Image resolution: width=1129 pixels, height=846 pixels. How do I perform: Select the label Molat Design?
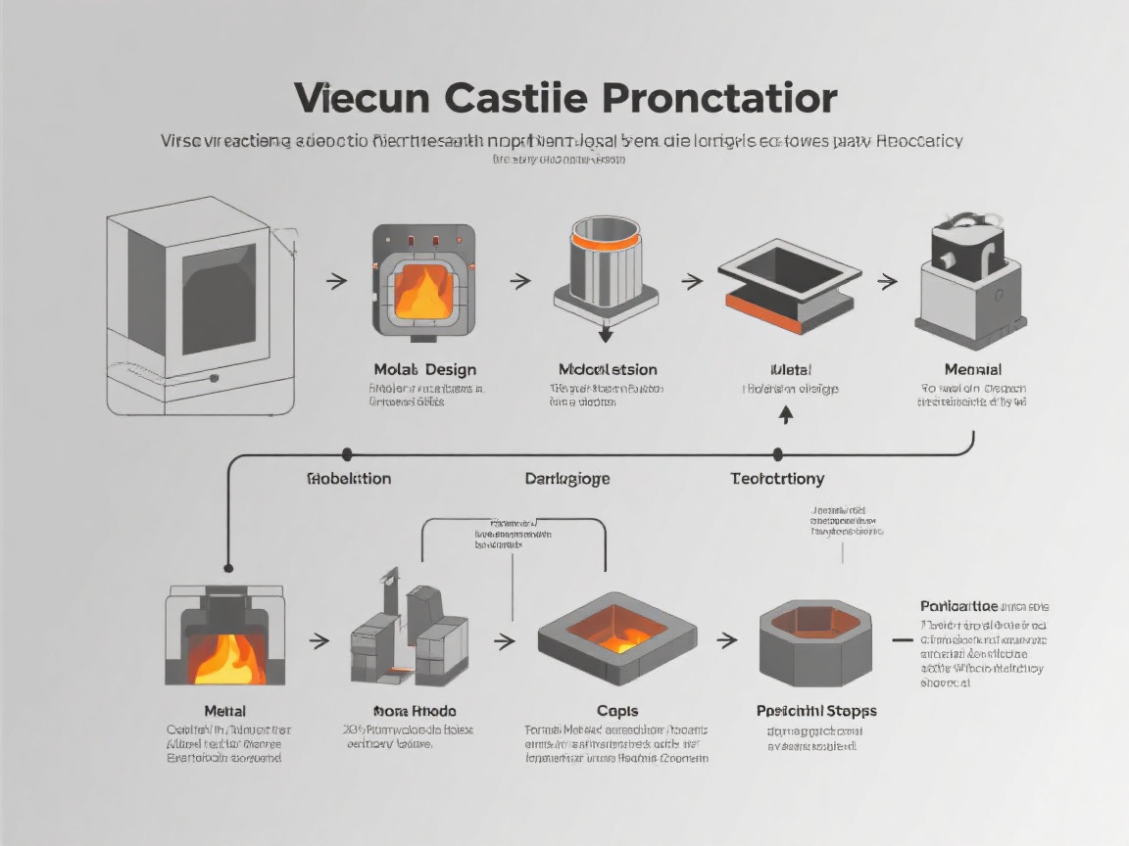pyautogui.click(x=424, y=369)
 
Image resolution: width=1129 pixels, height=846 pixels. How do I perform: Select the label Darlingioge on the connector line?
pyautogui.click(x=567, y=479)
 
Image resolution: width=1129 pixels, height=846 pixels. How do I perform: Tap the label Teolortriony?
pyautogui.click(x=777, y=479)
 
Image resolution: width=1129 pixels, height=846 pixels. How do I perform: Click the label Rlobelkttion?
pyautogui.click(x=349, y=479)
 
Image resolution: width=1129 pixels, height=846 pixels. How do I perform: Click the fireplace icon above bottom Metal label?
pyautogui.click(x=224, y=637)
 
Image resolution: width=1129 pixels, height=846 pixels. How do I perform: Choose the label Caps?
pyautogui.click(x=616, y=711)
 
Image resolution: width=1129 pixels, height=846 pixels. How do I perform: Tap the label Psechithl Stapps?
pyautogui.click(x=816, y=711)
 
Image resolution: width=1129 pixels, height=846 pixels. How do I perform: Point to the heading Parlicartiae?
pyautogui.click(x=958, y=606)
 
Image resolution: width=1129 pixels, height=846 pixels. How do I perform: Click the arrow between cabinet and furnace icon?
pyautogui.click(x=336, y=282)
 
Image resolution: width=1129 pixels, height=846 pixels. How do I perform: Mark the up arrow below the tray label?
pyautogui.click(x=785, y=414)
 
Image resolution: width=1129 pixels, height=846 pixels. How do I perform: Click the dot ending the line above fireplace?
pyautogui.click(x=228, y=567)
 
